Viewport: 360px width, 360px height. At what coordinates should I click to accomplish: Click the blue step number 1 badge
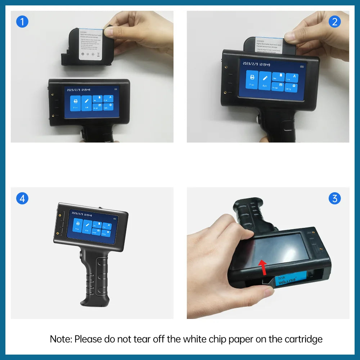pyautogui.click(x=22, y=22)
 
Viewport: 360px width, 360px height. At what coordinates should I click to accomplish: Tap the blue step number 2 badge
pyautogui.click(x=334, y=22)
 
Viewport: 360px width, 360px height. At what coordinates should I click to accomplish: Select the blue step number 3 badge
pyautogui.click(x=334, y=198)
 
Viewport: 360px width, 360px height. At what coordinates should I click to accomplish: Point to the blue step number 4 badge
pyautogui.click(x=22, y=198)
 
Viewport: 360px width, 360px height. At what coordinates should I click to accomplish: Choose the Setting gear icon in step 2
pyautogui.click(x=291, y=87)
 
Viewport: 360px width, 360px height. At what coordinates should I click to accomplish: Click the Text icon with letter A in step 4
pyautogui.click(x=107, y=226)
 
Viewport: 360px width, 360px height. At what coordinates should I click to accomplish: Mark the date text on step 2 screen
pyautogui.click(x=257, y=64)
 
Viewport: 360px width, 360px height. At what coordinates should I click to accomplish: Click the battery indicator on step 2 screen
pyautogui.click(x=302, y=67)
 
